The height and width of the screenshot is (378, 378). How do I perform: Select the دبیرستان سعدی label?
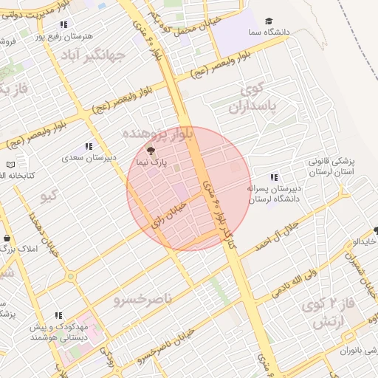(88, 158)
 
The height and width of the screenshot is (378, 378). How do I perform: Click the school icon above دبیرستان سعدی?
(89, 147)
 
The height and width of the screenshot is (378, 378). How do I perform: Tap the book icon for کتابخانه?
(10, 165)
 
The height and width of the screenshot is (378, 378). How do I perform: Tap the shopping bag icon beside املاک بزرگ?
(7, 239)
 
